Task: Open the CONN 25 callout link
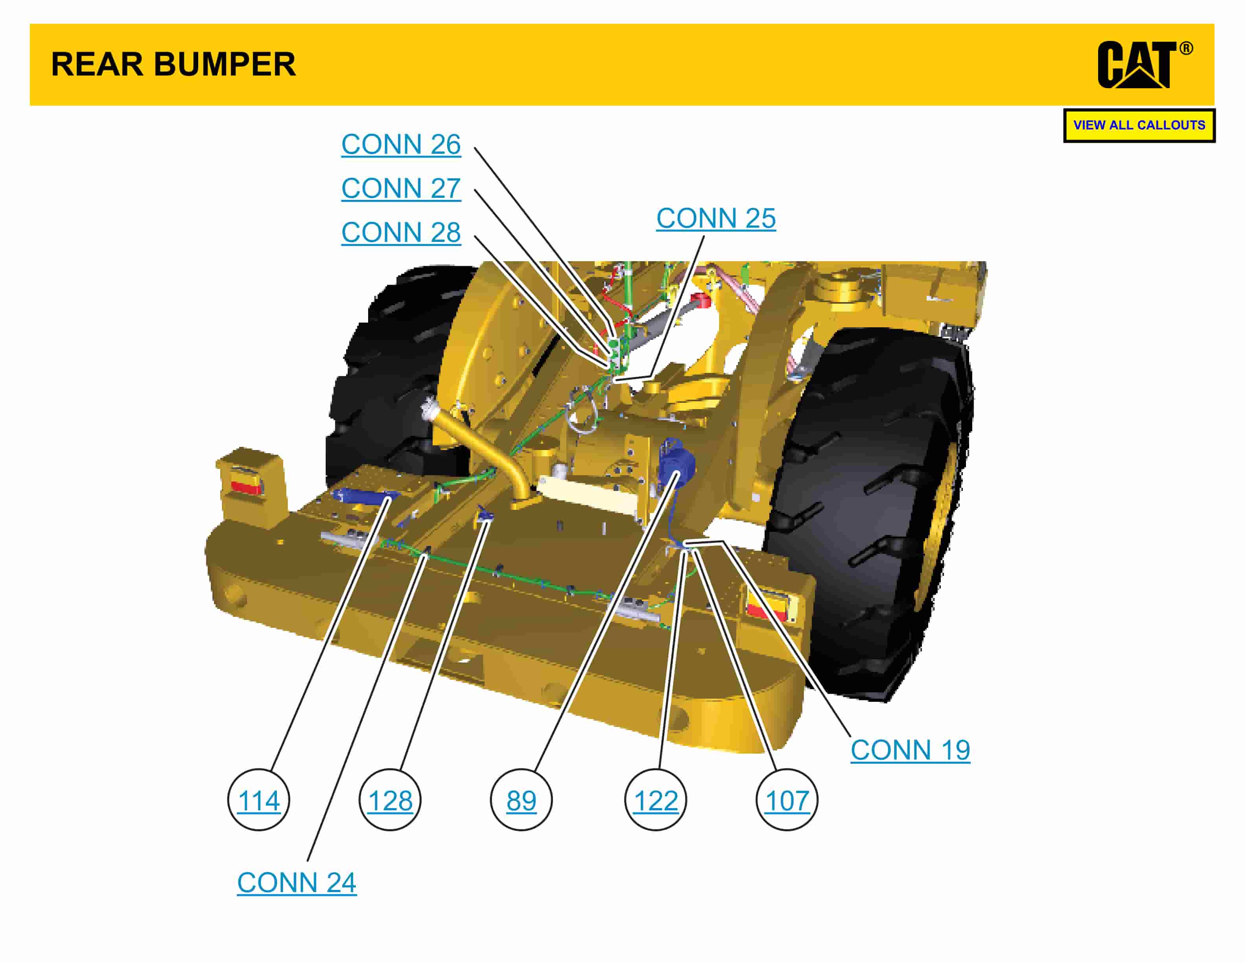click(715, 218)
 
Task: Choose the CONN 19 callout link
click(910, 750)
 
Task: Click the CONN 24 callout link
click(297, 883)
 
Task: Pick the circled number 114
click(258, 801)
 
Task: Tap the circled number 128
click(390, 801)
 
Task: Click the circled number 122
click(656, 801)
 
